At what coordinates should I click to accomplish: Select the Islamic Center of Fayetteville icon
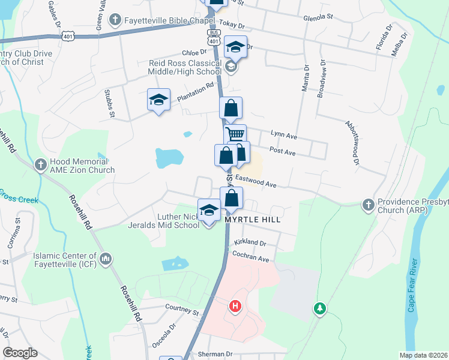106,259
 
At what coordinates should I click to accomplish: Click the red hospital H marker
235,307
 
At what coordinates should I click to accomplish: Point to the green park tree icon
321,308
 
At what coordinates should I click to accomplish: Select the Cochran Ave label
252,257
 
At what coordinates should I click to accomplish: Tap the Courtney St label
182,311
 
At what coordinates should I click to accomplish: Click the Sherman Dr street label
214,354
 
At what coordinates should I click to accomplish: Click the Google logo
20,353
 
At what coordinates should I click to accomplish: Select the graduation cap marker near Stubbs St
159,100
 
